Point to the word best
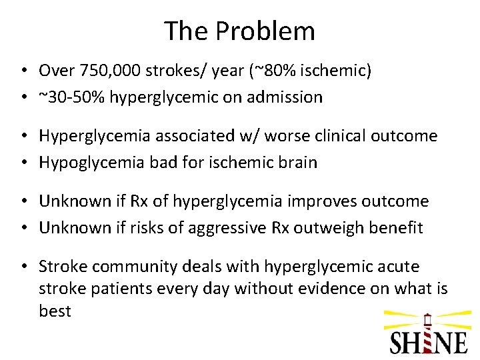pos(55,312)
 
